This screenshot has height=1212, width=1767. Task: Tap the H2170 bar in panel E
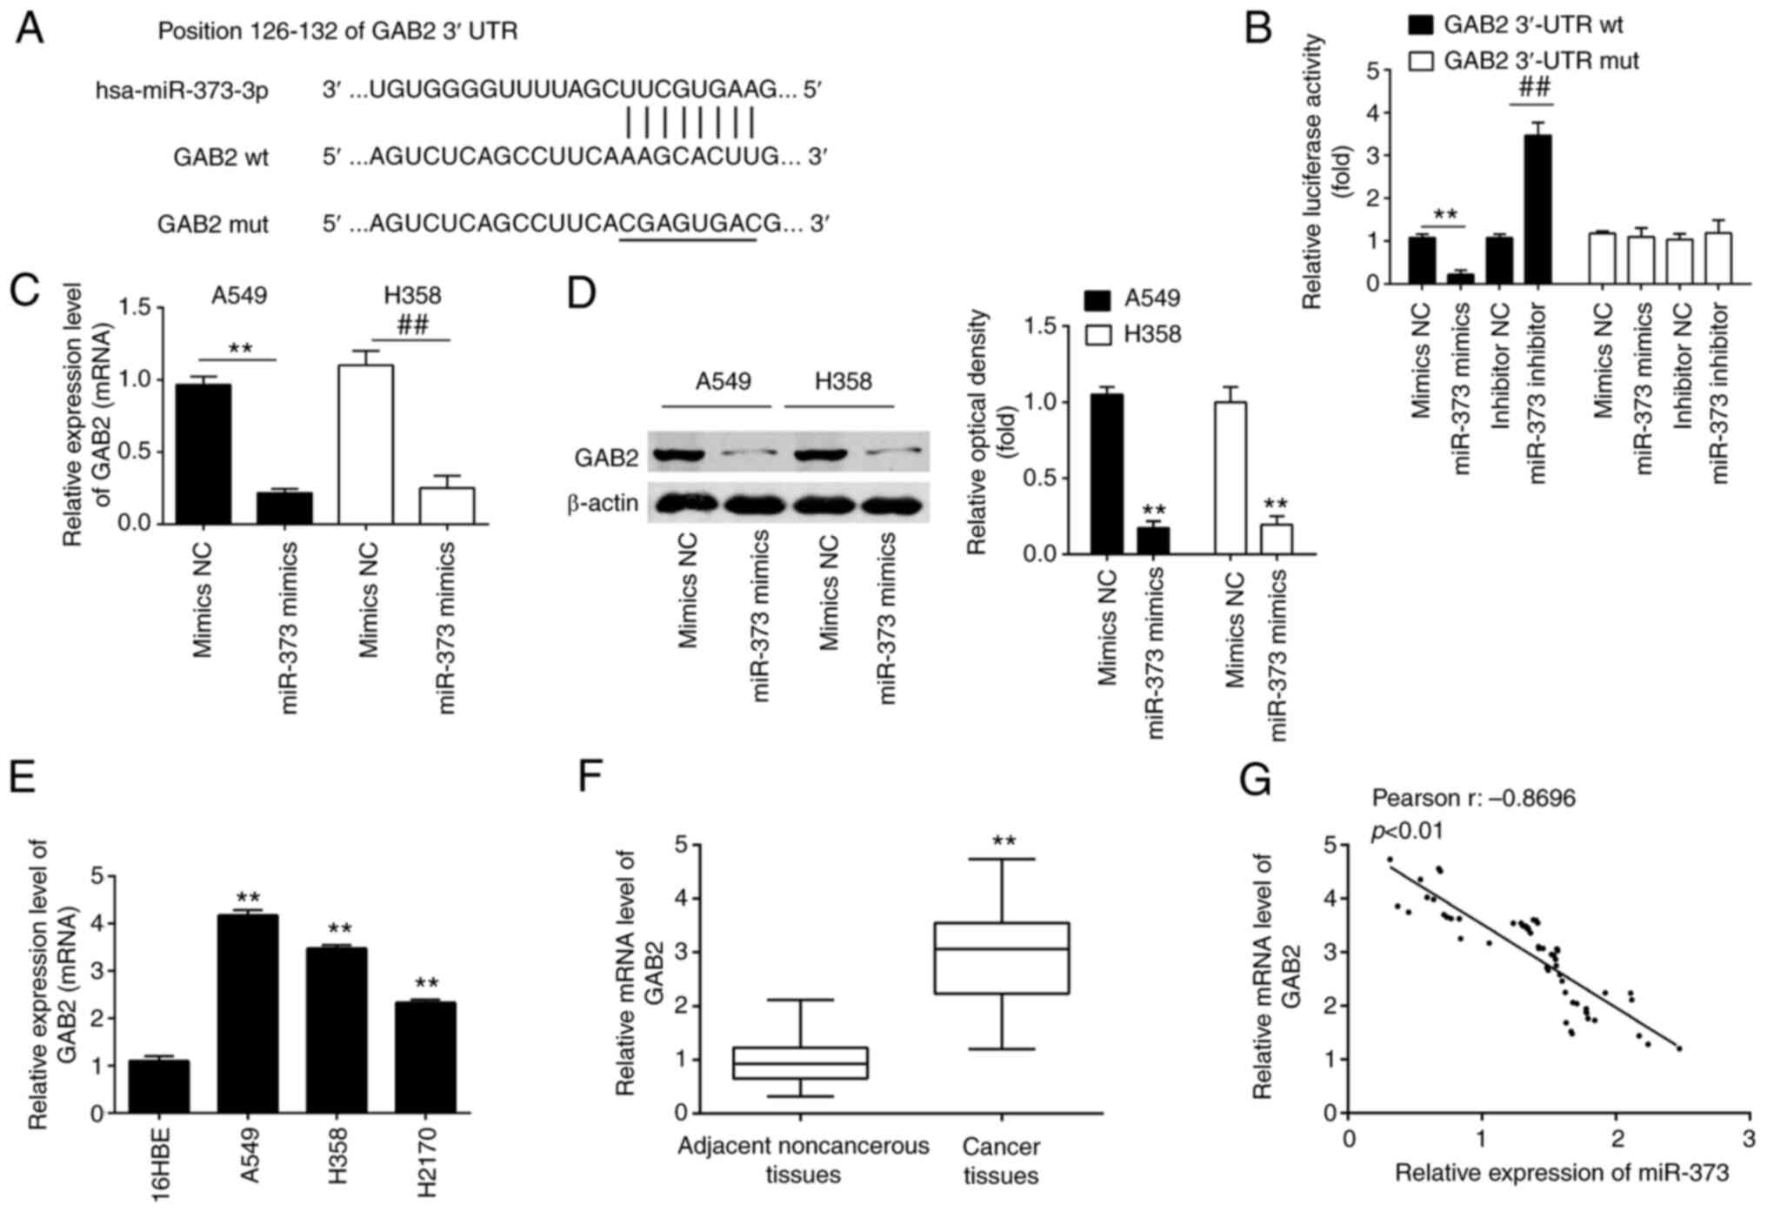point(425,1057)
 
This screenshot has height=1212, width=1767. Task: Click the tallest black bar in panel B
point(1537,209)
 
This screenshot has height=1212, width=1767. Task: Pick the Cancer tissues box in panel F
point(1002,958)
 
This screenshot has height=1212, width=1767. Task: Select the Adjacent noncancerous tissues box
point(801,1062)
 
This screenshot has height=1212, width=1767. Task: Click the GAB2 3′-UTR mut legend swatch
point(1420,62)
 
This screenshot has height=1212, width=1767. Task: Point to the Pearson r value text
point(1473,798)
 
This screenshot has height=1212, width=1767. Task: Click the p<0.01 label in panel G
point(1407,832)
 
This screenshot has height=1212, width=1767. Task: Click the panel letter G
point(1255,780)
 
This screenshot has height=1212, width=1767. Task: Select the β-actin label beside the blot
point(603,504)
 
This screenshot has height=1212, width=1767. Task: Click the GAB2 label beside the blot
point(606,458)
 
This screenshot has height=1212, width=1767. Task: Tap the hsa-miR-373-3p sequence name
point(182,90)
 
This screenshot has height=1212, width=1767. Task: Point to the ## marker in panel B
point(1534,88)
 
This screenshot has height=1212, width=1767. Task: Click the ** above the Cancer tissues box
point(1004,842)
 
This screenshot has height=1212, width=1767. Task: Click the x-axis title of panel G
point(1562,1174)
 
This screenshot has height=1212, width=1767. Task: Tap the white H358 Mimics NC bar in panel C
point(366,444)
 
